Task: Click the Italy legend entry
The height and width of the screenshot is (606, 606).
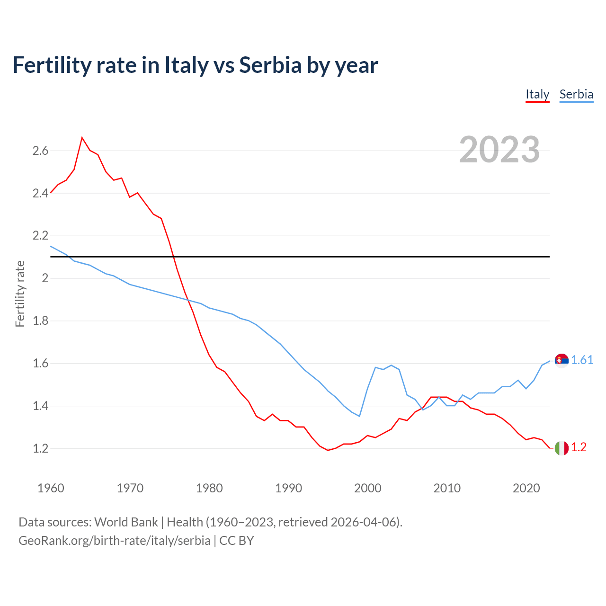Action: [x=537, y=94]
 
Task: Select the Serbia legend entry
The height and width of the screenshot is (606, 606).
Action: [x=576, y=94]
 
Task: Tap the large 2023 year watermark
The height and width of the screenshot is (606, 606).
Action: [x=499, y=150]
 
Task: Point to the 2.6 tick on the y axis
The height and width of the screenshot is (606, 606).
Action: [x=40, y=151]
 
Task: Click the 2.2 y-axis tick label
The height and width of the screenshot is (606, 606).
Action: [x=40, y=236]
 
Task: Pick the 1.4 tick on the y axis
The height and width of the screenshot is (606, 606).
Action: [x=40, y=406]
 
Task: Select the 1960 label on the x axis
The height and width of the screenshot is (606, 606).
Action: [x=51, y=488]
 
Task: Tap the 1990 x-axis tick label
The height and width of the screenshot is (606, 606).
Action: [x=288, y=488]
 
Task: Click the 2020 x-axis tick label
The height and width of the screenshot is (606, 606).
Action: [x=526, y=488]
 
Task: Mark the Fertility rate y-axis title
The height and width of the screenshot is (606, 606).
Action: [x=20, y=294]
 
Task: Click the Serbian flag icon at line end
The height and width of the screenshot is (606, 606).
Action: [x=561, y=361]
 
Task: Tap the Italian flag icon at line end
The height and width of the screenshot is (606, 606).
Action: [x=561, y=448]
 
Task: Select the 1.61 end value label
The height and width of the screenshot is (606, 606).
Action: [x=582, y=360]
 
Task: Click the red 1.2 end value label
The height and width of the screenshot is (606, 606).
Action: [x=579, y=447]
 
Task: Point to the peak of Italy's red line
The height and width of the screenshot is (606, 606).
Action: [x=82, y=138]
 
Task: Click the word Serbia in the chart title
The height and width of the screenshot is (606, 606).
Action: [x=270, y=65]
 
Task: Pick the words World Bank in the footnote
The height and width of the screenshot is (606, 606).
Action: [x=126, y=522]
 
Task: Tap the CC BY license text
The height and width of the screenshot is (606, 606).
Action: [x=236, y=541]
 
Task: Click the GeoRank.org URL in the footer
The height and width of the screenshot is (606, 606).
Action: [x=114, y=541]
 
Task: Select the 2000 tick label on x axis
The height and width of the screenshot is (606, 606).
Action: [x=367, y=488]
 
